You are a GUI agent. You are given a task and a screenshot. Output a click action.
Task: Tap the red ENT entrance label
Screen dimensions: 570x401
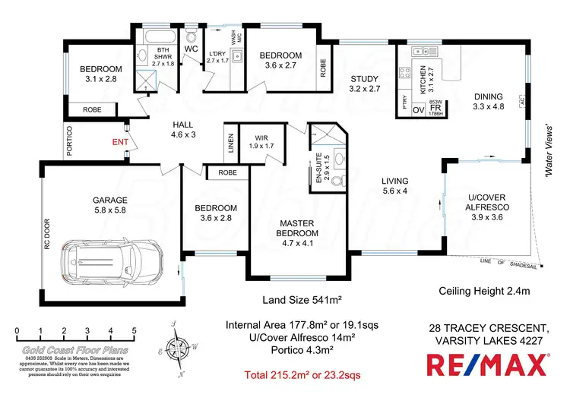pyautogui.click(x=120, y=141)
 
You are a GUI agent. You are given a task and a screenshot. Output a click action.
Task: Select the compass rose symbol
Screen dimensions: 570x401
pyautogui.click(x=179, y=350)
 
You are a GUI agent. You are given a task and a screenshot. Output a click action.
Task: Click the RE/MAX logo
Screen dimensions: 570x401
pyautogui.click(x=489, y=365)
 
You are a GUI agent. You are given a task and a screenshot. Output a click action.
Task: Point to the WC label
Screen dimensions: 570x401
pyautogui.click(x=191, y=49)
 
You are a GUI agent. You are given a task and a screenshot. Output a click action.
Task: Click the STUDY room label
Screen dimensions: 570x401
pyautogui.click(x=364, y=84)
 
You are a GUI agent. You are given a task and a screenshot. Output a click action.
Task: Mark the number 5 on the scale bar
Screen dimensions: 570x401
pyautogui.click(x=134, y=330)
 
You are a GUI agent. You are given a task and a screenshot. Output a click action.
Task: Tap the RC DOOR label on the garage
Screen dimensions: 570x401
pyautogui.click(x=46, y=235)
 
